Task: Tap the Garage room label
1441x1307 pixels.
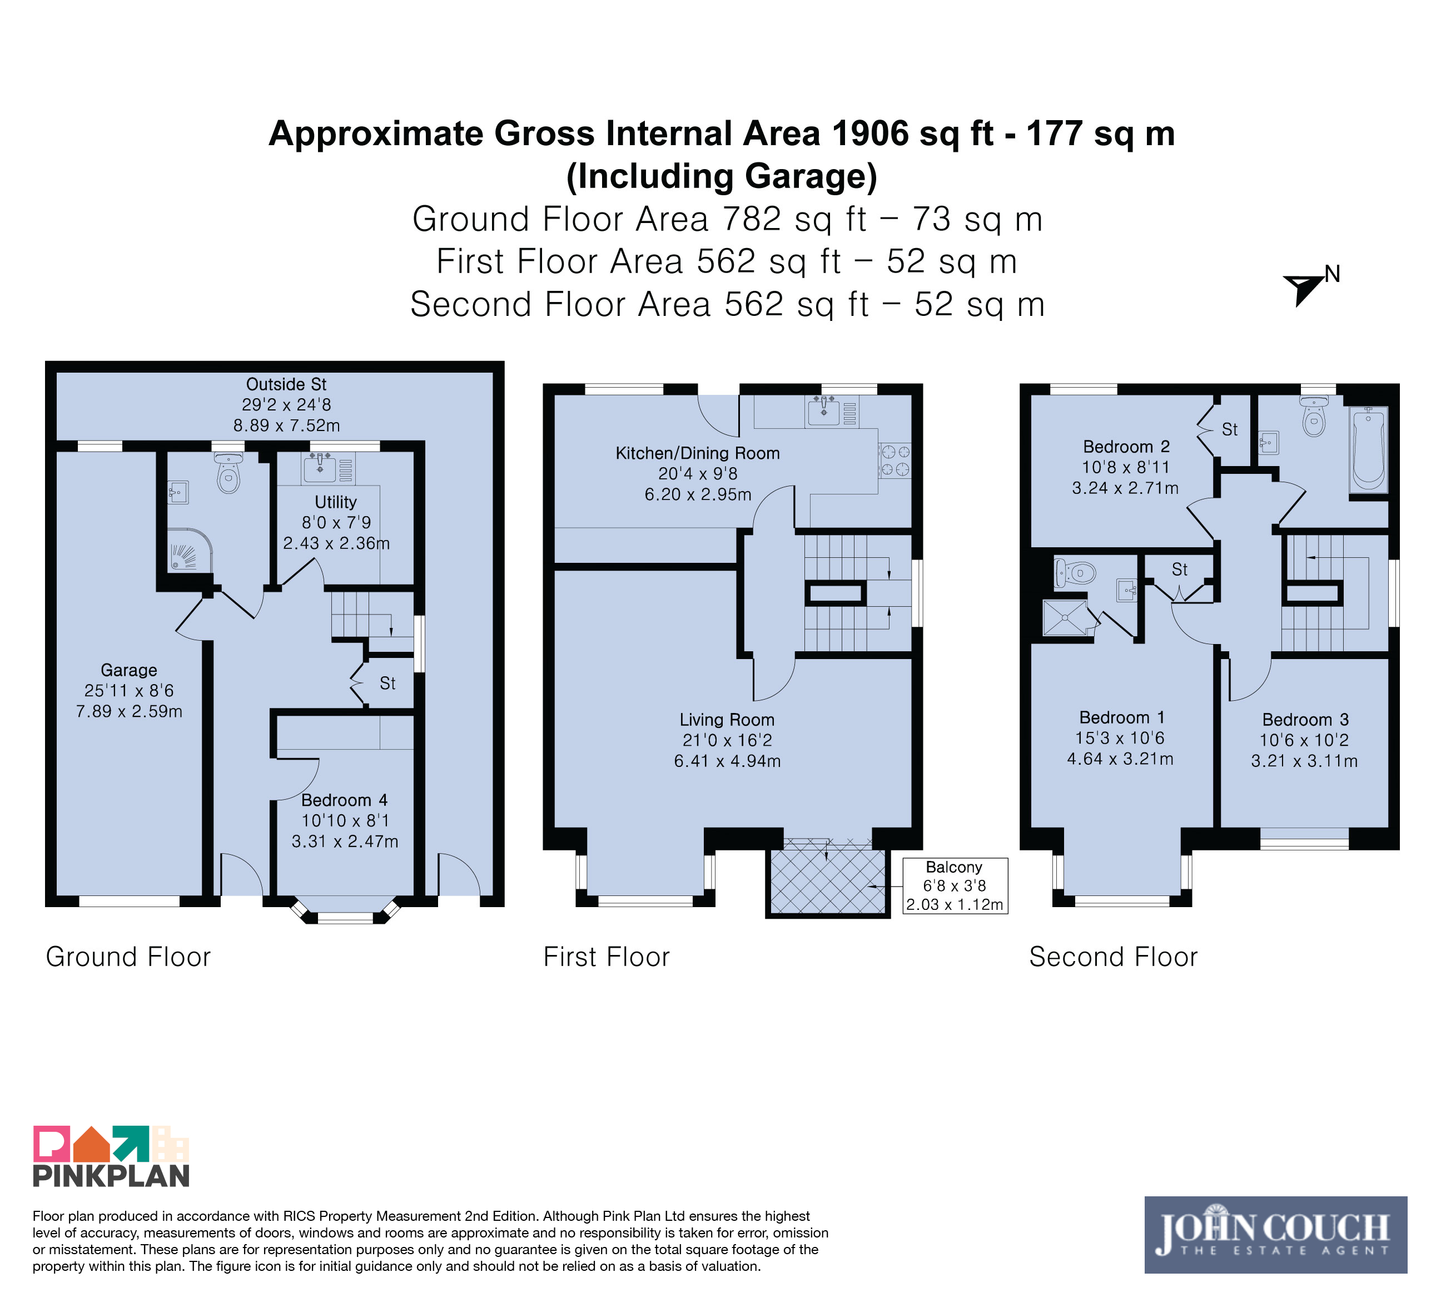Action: tap(128, 670)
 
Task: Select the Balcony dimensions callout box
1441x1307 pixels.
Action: tap(955, 886)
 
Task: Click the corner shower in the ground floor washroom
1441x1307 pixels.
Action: tap(190, 550)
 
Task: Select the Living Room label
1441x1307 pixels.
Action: tap(727, 720)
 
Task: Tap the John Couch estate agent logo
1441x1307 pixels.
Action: tap(1275, 1235)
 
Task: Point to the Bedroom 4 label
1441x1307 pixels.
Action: tap(345, 800)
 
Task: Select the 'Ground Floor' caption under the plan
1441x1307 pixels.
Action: tap(128, 957)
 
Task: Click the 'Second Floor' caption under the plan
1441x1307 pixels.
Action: tap(1113, 957)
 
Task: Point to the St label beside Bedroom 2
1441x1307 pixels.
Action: tap(1229, 430)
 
